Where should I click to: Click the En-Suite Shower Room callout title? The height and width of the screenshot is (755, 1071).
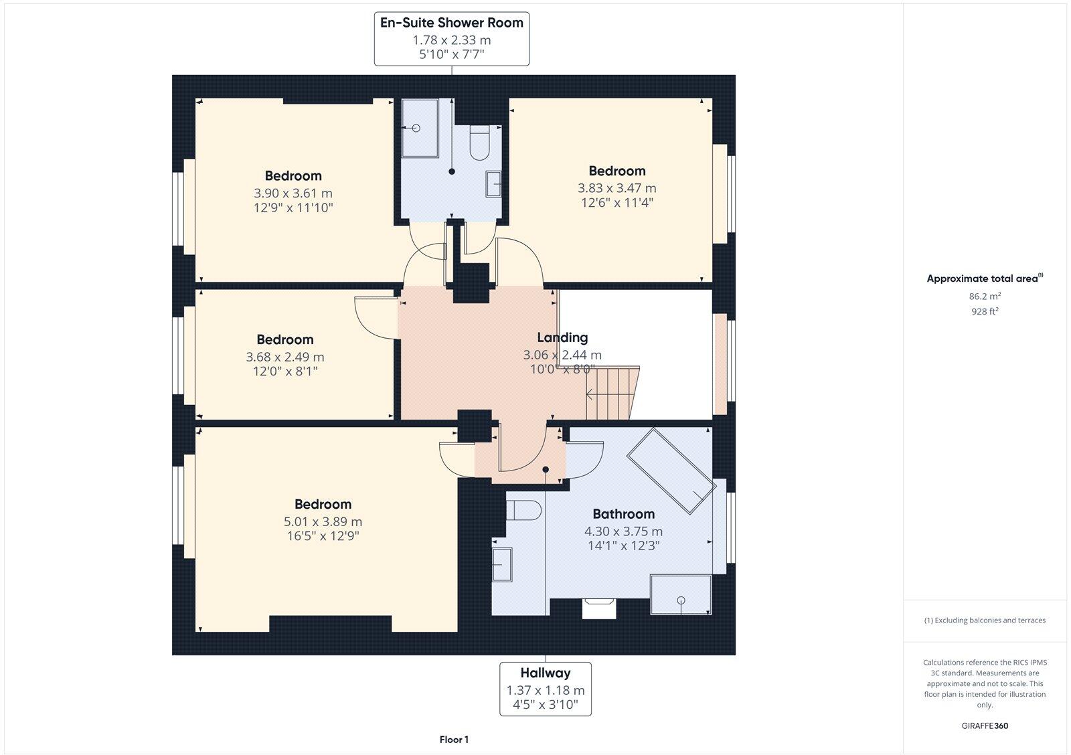point(451,23)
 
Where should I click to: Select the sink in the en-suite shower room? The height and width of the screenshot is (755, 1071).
point(494,183)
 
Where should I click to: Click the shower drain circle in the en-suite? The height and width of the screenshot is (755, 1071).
point(416,129)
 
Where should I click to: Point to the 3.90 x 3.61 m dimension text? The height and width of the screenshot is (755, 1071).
point(293,193)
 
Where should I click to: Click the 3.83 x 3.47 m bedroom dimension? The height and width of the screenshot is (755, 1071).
point(616,188)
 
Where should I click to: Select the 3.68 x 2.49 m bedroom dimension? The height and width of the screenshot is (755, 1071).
point(284,357)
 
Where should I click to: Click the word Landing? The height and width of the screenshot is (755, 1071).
point(562,337)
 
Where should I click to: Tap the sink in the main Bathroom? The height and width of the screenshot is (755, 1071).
point(502,565)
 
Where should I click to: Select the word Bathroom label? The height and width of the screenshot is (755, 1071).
point(623,514)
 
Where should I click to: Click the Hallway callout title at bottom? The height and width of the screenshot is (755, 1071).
point(546,673)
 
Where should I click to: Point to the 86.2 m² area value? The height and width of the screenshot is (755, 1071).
point(983,296)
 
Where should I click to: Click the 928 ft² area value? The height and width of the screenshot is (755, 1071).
point(984,311)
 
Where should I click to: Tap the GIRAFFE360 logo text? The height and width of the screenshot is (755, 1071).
point(984,726)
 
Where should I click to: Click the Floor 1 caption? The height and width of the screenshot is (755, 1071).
point(454,740)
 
